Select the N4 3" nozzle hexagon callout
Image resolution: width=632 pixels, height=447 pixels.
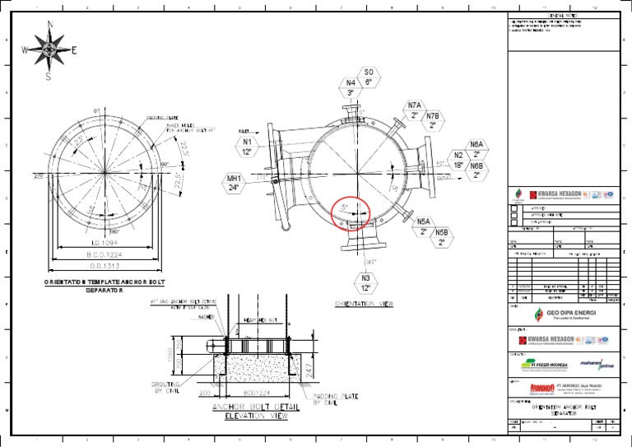point(351,88)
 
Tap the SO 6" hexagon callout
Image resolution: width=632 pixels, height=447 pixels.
point(369,77)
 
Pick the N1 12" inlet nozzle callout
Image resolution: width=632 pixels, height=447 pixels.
point(248,147)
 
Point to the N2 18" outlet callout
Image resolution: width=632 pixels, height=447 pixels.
point(459,160)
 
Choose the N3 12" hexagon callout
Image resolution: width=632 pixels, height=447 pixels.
point(365,283)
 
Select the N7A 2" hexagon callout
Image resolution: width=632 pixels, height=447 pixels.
point(415,111)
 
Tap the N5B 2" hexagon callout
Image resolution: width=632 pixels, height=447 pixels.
point(442,238)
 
